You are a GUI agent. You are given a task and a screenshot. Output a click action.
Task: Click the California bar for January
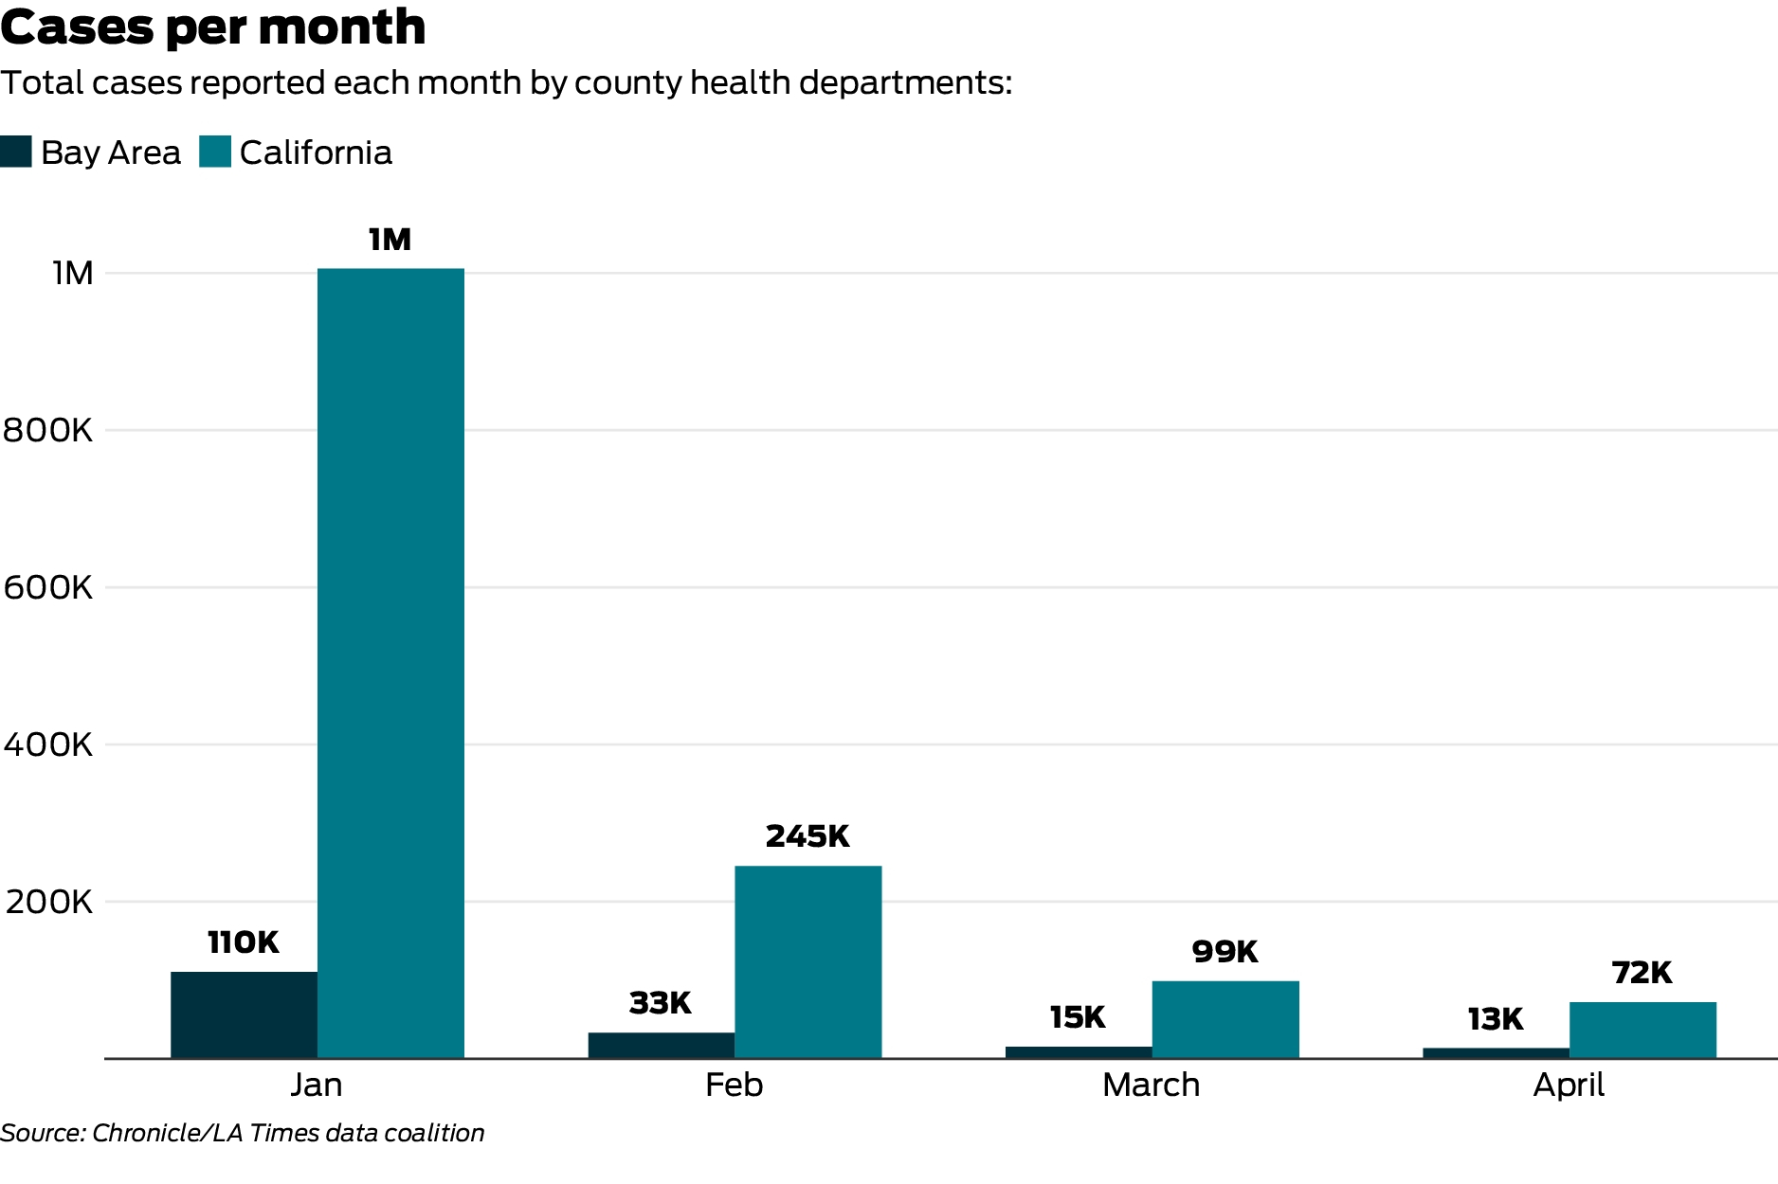(390, 663)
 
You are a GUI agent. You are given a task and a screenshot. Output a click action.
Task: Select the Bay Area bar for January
(244, 1014)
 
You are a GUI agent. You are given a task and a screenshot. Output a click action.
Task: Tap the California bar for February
(807, 961)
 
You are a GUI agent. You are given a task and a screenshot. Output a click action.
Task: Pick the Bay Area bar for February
(661, 1045)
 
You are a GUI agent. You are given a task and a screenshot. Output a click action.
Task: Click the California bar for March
(1225, 1019)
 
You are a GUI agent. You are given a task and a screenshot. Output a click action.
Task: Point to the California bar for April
(1642, 1030)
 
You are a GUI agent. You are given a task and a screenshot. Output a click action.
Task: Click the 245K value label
(807, 836)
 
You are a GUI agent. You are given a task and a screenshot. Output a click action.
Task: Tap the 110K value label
(244, 942)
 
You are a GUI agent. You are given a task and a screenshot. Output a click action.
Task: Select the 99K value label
(1225, 951)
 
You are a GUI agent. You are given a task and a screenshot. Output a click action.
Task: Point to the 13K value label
(1496, 1019)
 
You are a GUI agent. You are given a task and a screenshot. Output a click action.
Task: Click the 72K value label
(1642, 973)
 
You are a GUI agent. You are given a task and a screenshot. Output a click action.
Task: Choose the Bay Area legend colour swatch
(16, 152)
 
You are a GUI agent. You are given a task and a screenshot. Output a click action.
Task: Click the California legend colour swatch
(215, 152)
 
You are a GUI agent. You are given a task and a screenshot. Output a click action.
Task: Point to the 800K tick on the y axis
(48, 430)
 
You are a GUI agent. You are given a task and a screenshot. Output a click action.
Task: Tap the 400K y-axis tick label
(48, 744)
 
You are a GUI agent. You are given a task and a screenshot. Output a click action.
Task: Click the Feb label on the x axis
(734, 1085)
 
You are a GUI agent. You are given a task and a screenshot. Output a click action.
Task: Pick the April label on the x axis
(1569, 1085)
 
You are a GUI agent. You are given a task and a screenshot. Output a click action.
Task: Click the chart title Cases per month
(213, 27)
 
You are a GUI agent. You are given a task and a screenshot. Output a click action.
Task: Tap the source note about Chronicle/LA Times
(242, 1133)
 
